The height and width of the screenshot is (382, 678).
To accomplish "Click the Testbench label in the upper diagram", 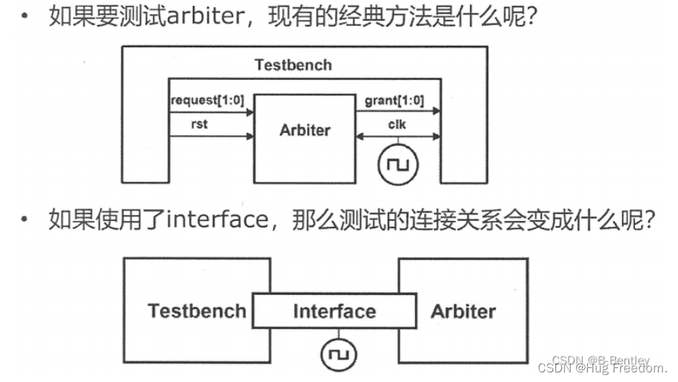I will pos(293,64).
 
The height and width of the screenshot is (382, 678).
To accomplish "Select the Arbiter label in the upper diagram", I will pos(305,130).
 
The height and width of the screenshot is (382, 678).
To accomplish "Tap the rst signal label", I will pos(199,123).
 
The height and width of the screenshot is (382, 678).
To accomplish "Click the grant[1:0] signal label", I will pos(394,100).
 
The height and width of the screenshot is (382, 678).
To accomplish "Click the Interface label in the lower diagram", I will pos(334,311).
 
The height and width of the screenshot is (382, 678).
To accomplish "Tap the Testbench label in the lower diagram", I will pos(196,310).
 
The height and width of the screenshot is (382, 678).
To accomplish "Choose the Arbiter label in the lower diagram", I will pos(463,310).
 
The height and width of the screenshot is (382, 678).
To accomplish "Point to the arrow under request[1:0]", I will pos(211,113).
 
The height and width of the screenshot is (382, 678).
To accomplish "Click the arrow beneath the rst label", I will pos(211,137).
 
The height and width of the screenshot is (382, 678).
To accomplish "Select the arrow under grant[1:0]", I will pos(399,113).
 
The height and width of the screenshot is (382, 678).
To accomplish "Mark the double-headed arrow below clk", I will pos(399,137).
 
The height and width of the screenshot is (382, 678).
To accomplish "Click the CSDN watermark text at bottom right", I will pos(603,367).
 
